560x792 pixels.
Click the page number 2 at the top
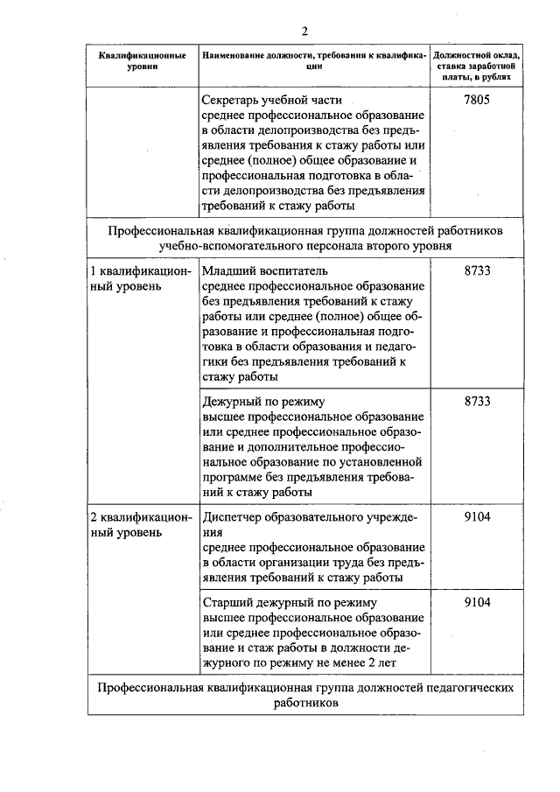305,32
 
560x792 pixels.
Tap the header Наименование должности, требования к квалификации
314,61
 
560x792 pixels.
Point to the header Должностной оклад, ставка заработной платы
476,60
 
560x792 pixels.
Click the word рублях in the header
494,77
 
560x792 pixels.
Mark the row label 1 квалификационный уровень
141,279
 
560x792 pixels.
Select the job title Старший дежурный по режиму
289,603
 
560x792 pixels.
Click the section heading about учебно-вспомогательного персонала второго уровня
305,238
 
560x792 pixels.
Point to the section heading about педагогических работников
305,696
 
